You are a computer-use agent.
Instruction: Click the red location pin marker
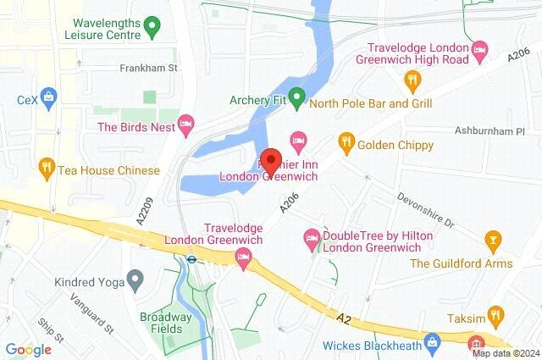click(x=271, y=160)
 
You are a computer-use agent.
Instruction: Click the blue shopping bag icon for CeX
click(x=49, y=98)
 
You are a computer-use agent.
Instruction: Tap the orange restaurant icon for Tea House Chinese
click(x=47, y=169)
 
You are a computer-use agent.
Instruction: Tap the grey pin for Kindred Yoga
click(x=134, y=279)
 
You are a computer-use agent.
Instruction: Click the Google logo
click(x=28, y=349)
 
